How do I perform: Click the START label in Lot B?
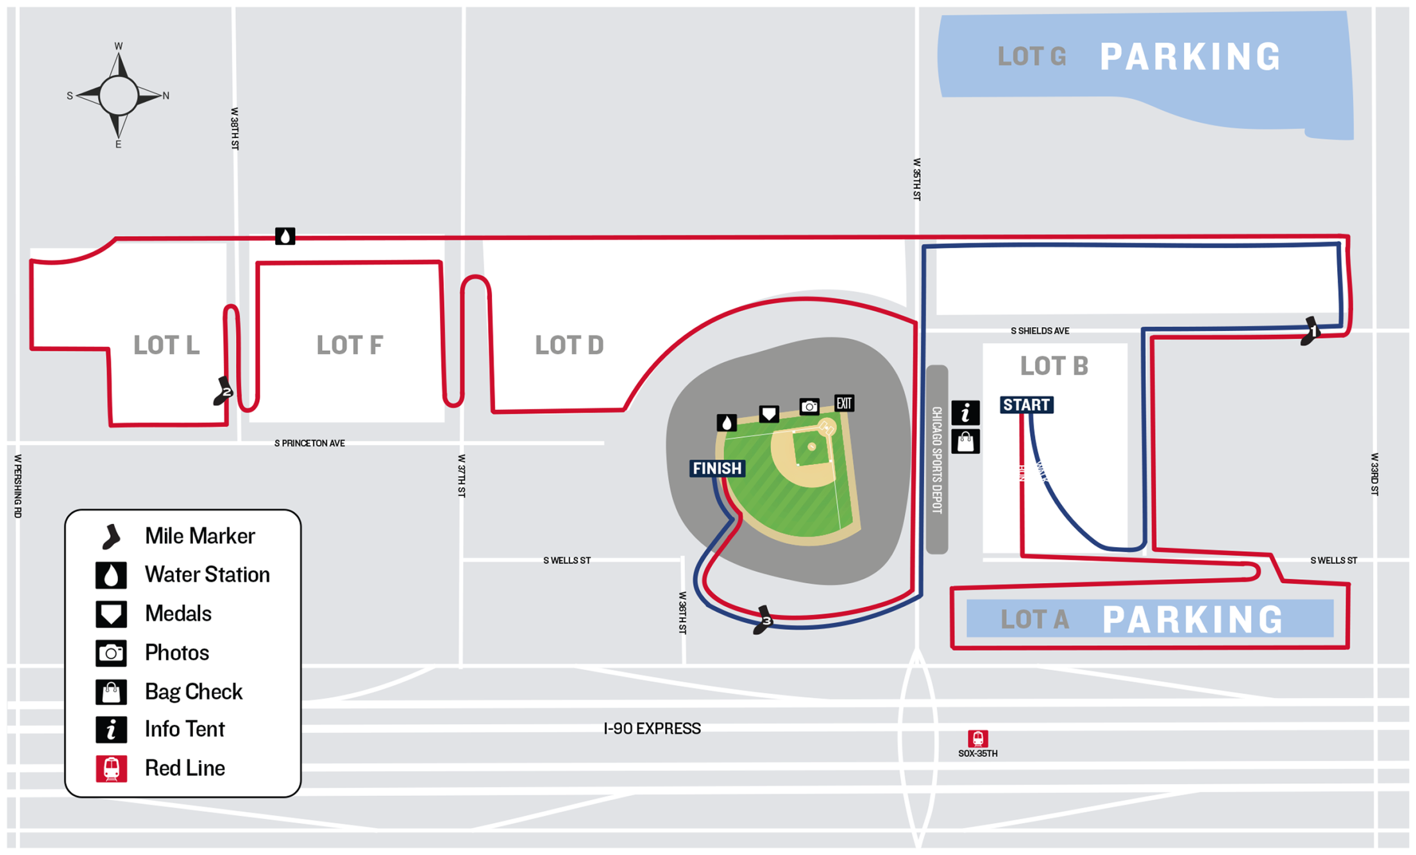[1026, 405]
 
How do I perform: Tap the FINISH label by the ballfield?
[717, 468]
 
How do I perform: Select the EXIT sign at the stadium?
[844, 403]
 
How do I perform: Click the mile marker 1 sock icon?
[1310, 331]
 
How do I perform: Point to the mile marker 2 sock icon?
[223, 391]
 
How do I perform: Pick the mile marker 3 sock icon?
[763, 620]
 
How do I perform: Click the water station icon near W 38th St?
[285, 236]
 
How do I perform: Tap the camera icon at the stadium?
[809, 406]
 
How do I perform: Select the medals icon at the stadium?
[769, 414]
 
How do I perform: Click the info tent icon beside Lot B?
[965, 412]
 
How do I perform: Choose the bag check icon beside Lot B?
[965, 442]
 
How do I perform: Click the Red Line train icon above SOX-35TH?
[977, 738]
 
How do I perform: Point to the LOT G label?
[1032, 57]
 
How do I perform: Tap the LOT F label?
[350, 345]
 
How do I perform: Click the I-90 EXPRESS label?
[652, 729]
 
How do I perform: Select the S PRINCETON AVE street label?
[310, 443]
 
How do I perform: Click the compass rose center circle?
[119, 96]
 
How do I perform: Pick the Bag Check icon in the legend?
[111, 692]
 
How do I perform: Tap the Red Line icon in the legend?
[111, 768]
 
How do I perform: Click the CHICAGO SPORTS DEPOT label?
[937, 460]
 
